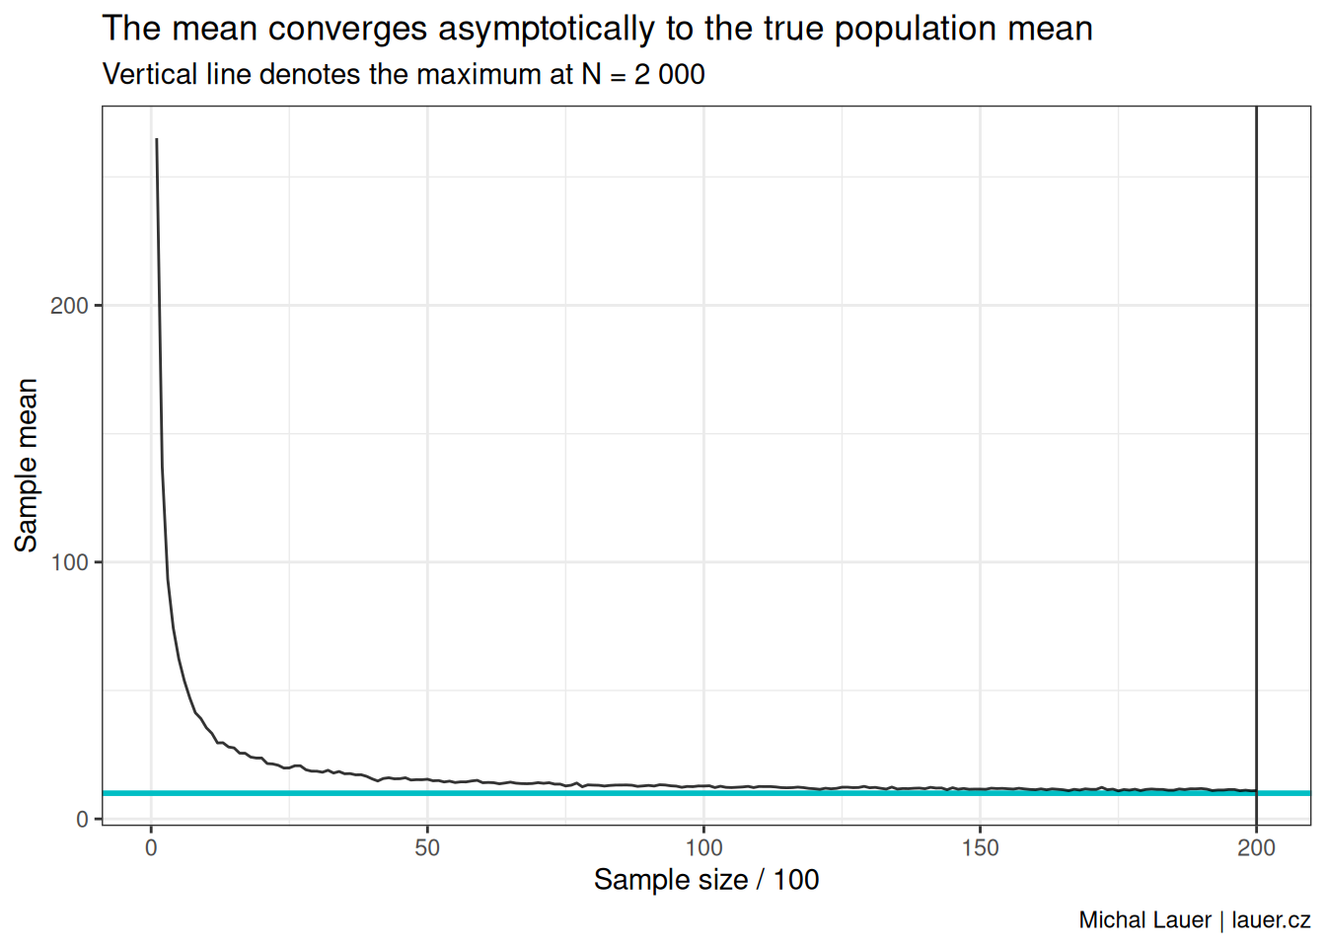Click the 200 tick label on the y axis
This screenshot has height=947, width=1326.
pyautogui.click(x=69, y=306)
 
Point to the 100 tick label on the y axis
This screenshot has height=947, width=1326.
pyautogui.click(x=69, y=562)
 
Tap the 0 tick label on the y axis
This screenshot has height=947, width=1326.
pyautogui.click(x=82, y=820)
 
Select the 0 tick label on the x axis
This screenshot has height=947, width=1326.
pyautogui.click(x=151, y=848)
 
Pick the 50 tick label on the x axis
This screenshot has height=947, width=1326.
pyautogui.click(x=427, y=848)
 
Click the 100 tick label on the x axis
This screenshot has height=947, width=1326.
pyautogui.click(x=703, y=848)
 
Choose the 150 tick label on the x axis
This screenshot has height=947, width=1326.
pyautogui.click(x=980, y=848)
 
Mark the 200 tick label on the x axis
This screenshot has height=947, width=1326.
pyautogui.click(x=1256, y=848)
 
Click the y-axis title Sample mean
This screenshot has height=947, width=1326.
pyautogui.click(x=27, y=465)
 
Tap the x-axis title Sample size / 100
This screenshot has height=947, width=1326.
pyautogui.click(x=706, y=880)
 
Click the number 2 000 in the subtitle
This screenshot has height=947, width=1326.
pyautogui.click(x=669, y=75)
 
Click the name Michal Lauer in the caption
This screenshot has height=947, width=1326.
pyautogui.click(x=1144, y=920)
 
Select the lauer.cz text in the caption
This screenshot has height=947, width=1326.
pyautogui.click(x=1271, y=920)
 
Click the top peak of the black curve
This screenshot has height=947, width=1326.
pyautogui.click(x=157, y=140)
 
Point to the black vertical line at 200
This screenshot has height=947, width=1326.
pyautogui.click(x=1256, y=444)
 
